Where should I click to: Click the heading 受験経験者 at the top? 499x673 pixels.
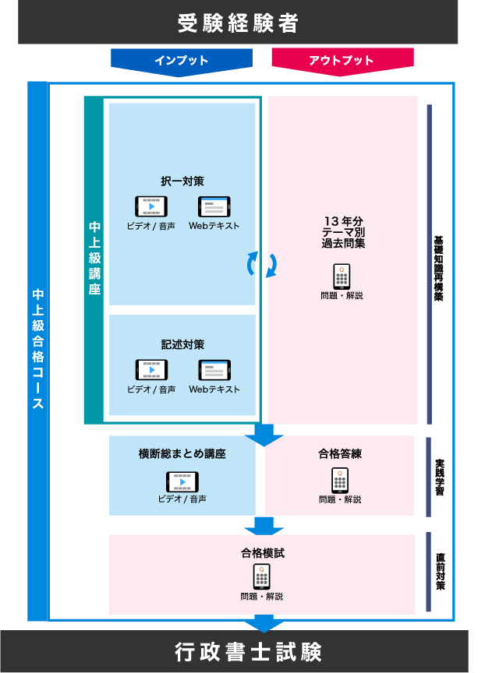tap(238, 23)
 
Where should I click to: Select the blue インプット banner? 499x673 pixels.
tap(181, 60)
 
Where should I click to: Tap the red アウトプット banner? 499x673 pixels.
tap(342, 60)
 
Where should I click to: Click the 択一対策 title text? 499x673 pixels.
tap(182, 181)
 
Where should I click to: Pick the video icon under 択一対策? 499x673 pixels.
tap(151, 206)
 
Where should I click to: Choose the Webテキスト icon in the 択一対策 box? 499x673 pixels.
tap(214, 206)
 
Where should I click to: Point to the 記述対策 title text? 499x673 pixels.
tap(182, 344)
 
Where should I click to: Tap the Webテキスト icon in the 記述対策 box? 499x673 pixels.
tap(214, 370)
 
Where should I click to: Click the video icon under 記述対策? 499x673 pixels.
tap(151, 370)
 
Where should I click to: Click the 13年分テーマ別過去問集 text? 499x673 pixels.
tap(343, 232)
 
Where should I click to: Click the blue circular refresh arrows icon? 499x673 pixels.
tap(262, 264)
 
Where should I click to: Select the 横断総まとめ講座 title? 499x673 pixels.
tap(182, 453)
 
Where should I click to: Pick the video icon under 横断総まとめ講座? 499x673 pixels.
tap(182, 481)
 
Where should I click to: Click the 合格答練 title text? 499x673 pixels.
tap(340, 453)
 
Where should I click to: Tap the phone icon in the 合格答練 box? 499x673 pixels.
tap(340, 480)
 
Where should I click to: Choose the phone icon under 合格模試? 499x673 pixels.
tap(262, 576)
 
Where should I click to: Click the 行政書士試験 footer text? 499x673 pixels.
tap(248, 652)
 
